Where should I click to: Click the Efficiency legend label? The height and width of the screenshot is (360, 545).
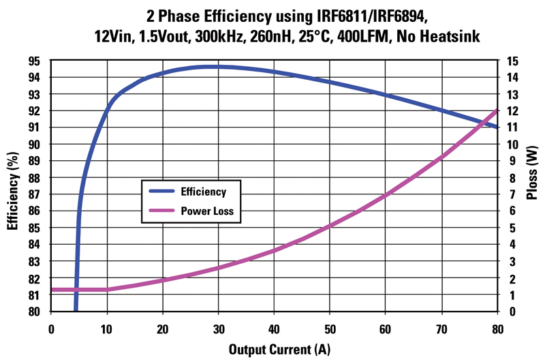pyautogui.click(x=203, y=192)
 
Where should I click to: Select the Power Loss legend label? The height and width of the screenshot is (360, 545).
pyautogui.click(x=207, y=211)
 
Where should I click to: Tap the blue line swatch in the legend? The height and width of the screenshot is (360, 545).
pyautogui.click(x=161, y=192)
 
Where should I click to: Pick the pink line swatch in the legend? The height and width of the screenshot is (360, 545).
pyautogui.click(x=161, y=211)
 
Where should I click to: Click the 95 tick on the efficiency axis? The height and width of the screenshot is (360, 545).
pyautogui.click(x=37, y=61)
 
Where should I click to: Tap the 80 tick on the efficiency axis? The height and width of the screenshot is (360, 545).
pyautogui.click(x=37, y=312)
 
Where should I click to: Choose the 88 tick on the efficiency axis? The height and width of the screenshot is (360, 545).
pyautogui.click(x=37, y=178)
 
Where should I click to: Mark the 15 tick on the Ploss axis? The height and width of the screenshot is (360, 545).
pyautogui.click(x=513, y=61)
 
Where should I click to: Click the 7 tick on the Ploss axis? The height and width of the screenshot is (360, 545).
pyautogui.click(x=510, y=194)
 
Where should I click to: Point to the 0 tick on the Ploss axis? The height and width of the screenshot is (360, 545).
pyautogui.click(x=510, y=312)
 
